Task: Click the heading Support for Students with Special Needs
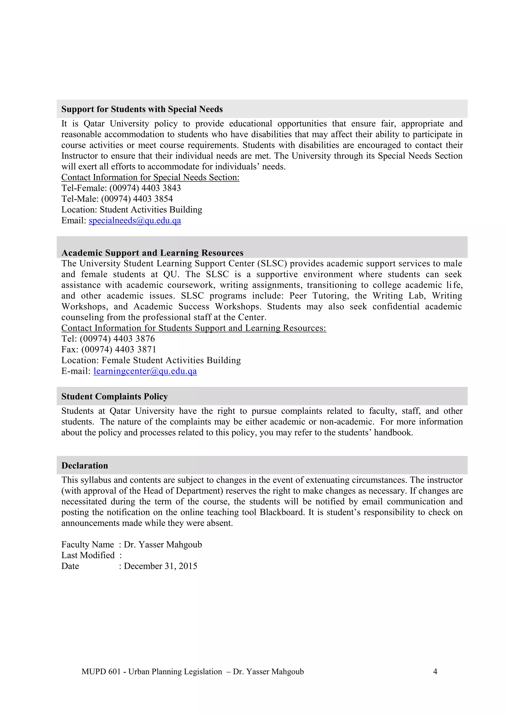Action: (x=142, y=109)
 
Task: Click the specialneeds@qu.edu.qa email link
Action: (x=135, y=221)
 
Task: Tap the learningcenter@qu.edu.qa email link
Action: (x=145, y=371)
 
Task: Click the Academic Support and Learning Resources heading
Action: (x=152, y=253)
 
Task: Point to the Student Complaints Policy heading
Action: (x=115, y=396)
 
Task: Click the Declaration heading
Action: (x=85, y=466)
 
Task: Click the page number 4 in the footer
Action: (x=435, y=671)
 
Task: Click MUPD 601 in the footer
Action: (x=101, y=671)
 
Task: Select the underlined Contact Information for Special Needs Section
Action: (x=150, y=178)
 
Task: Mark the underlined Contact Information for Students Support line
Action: (x=194, y=328)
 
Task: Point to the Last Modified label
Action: (x=88, y=555)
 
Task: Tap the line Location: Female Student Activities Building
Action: (x=151, y=360)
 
